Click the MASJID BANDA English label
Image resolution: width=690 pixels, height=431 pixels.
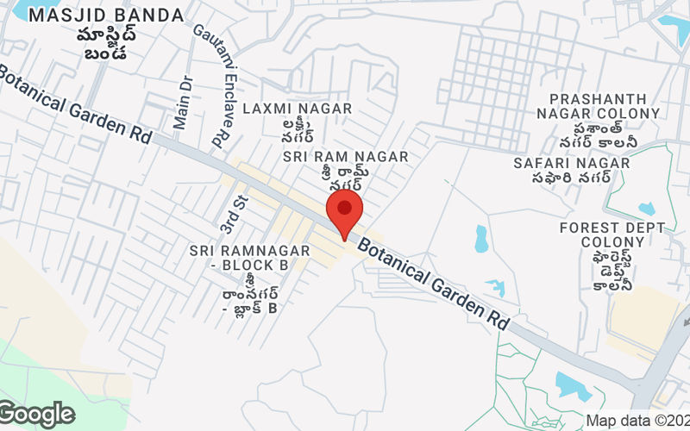pyautogui.click(x=106, y=16)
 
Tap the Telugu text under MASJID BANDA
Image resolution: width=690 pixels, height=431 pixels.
pyautogui.click(x=106, y=43)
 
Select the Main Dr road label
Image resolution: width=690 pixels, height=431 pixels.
pyautogui.click(x=182, y=102)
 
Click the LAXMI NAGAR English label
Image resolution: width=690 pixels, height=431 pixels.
pyautogui.click(x=297, y=109)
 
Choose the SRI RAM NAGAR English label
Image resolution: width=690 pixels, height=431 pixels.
pyautogui.click(x=345, y=157)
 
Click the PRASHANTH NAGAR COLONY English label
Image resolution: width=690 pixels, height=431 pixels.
pyautogui.click(x=598, y=106)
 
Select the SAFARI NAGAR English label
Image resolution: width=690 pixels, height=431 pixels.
pyautogui.click(x=570, y=162)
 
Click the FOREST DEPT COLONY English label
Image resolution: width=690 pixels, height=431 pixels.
pyautogui.click(x=612, y=234)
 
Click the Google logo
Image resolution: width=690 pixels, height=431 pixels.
pyautogui.click(x=37, y=414)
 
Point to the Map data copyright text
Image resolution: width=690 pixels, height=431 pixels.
pyautogui.click(x=637, y=421)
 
